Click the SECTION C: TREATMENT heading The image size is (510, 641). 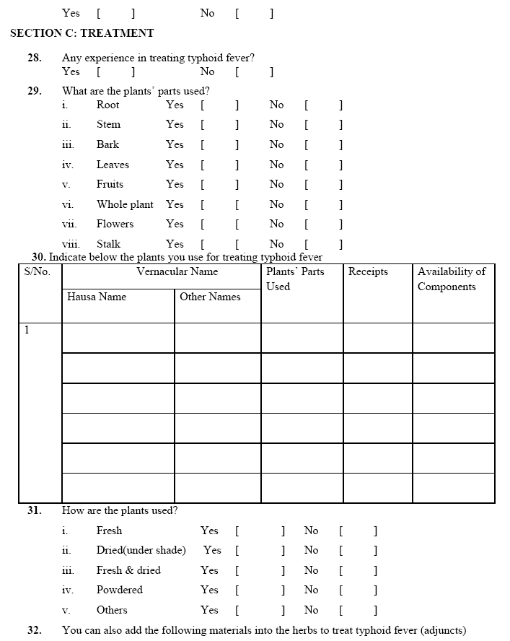pos(82,33)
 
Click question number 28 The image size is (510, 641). pos(35,57)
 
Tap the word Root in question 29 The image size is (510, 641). pos(108,105)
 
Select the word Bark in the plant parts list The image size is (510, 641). pos(107,144)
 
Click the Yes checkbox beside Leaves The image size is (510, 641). pos(219,165)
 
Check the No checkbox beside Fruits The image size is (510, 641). pos(323,184)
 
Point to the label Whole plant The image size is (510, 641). pos(125,204)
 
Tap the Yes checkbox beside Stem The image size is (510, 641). pos(219,125)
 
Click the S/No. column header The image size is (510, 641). pos(38,272)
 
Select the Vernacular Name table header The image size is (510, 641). pos(177,272)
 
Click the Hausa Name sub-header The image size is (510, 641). pos(97,297)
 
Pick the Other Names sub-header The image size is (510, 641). pos(210,297)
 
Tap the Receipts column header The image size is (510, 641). pos(368,272)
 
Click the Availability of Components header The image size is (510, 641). pos(452,279)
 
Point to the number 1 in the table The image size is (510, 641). pos(27,331)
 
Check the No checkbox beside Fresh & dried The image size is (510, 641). pos(358,570)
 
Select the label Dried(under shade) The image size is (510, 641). pos(141,550)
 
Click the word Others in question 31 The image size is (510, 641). pos(112,610)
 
